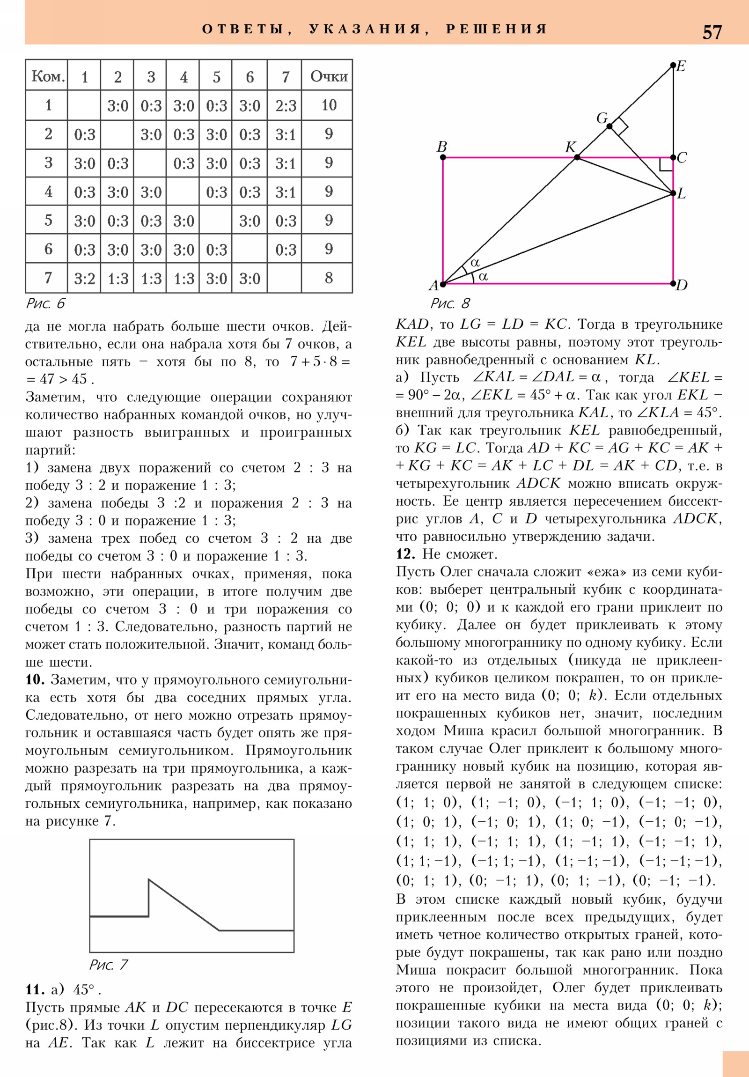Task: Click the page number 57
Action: click(x=712, y=32)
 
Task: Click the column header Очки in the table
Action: click(x=329, y=76)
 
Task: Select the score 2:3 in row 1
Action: click(x=285, y=105)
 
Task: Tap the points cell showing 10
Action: click(x=329, y=105)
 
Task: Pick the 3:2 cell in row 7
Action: click(x=84, y=279)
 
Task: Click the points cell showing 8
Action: click(x=329, y=278)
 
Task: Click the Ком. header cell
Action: click(x=47, y=76)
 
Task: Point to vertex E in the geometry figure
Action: click(x=673, y=65)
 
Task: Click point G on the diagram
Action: click(x=609, y=126)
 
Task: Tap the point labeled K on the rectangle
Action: click(x=577, y=157)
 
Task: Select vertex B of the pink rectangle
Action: click(x=443, y=157)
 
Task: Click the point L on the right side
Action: click(x=673, y=193)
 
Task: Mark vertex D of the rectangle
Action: click(x=673, y=283)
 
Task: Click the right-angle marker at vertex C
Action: click(x=666, y=165)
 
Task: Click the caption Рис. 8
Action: click(x=450, y=303)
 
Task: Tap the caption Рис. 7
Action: click(x=108, y=965)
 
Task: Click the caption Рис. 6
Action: click(x=45, y=303)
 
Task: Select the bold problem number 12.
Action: click(x=405, y=554)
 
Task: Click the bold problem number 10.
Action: click(x=35, y=679)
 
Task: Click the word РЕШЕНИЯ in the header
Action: click(x=496, y=29)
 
